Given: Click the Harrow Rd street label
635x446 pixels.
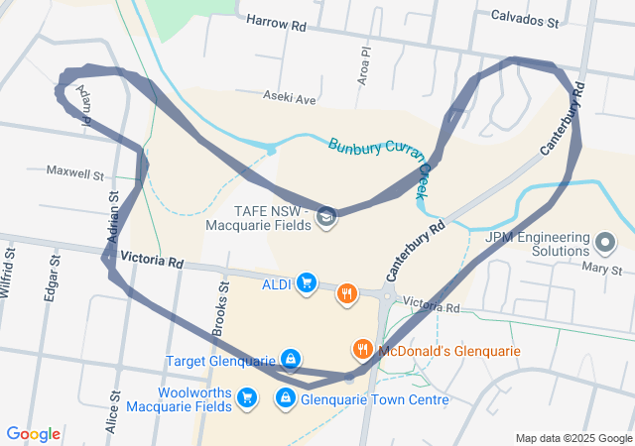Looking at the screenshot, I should pos(277,21).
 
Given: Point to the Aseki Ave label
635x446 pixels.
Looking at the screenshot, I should pos(289,98).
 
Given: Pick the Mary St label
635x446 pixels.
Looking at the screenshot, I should pos(601,269).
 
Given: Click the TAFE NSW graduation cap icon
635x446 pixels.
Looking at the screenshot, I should pos(325,216).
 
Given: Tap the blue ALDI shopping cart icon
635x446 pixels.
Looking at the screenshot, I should pos(306,284).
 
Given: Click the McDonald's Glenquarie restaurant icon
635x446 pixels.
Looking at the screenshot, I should pos(363,349).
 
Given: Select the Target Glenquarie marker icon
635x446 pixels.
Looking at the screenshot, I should pos(290,358).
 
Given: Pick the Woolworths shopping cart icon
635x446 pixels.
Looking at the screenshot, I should pos(247,398).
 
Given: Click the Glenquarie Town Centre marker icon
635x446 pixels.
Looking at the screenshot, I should pos(286,398).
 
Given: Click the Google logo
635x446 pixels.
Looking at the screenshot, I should pos(34,433).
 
